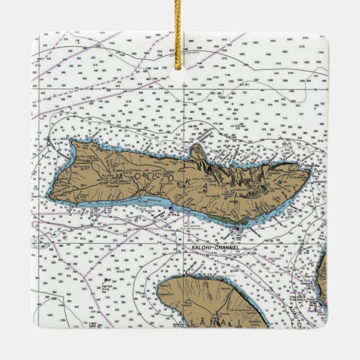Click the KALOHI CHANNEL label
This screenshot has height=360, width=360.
coord(215,247)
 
